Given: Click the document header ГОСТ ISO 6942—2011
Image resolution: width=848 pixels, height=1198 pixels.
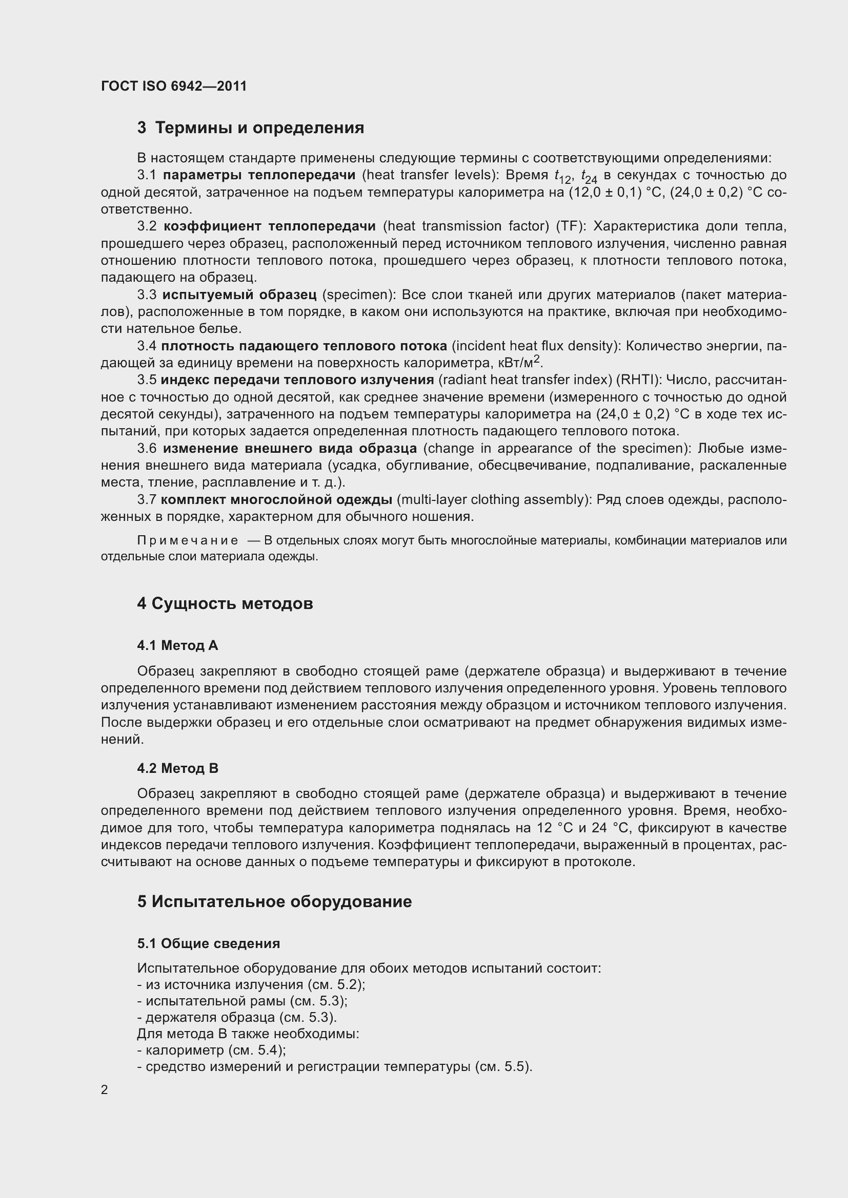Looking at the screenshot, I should click(x=173, y=86).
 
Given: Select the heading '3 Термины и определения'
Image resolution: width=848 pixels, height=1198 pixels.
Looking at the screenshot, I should click(x=251, y=128).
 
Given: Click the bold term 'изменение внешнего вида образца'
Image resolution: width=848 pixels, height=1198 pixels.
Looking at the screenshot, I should click(x=290, y=448).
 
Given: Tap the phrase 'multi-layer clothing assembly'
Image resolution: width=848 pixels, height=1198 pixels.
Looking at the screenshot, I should click(x=493, y=499).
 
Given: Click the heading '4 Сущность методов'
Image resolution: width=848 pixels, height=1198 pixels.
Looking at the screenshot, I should click(x=225, y=604).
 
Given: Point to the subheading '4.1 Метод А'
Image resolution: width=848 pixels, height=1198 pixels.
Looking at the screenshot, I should click(x=177, y=645).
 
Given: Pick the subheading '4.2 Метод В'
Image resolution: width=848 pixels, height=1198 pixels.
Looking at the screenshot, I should click(x=177, y=768).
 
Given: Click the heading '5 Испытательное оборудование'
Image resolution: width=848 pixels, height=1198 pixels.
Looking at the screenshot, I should click(x=274, y=901).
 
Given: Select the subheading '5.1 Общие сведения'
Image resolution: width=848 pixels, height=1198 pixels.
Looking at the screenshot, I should click(x=208, y=943).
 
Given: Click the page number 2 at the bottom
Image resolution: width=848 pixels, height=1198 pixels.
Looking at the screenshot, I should click(x=105, y=1090).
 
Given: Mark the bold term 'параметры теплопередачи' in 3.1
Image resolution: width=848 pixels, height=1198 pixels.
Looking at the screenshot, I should click(x=259, y=175).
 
